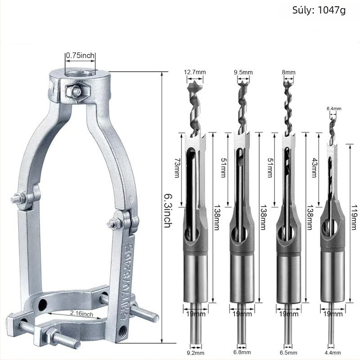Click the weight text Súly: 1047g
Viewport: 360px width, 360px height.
point(319,10)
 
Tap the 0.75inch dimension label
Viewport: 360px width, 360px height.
point(80,55)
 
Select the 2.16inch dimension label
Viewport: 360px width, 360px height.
point(81,313)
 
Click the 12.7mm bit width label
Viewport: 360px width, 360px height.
point(195,72)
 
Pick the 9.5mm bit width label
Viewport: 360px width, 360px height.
point(243,72)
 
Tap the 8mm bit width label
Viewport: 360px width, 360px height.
point(288,72)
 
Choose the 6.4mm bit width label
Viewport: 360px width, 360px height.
point(334,108)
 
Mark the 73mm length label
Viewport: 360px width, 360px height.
point(176,167)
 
